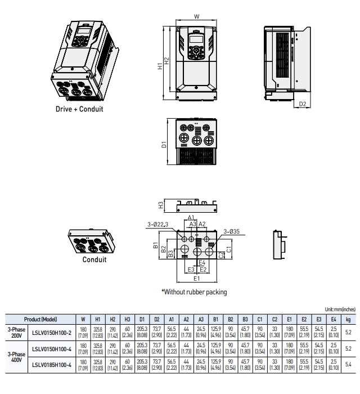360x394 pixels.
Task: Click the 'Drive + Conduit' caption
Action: pyautogui.click(x=79, y=109)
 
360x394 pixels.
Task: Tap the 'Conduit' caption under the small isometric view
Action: pyautogui.click(x=94, y=259)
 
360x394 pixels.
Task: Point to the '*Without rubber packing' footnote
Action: pyautogui.click(x=194, y=292)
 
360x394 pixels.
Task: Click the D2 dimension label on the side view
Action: pyautogui.click(x=302, y=104)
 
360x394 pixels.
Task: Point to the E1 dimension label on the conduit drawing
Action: pyautogui.click(x=196, y=279)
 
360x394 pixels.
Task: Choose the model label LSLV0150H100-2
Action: pyautogui.click(x=52, y=333)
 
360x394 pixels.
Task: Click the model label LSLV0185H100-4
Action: pyautogui.click(x=52, y=365)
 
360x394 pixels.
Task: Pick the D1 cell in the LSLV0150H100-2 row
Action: pyautogui.click(x=142, y=333)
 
